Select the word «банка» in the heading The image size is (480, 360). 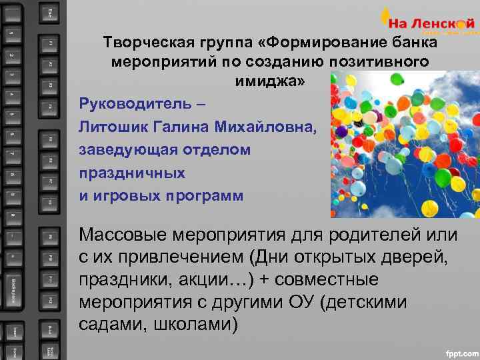click(413, 43)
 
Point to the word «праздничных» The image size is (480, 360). click(132, 173)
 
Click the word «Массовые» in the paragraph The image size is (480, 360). click(123, 235)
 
